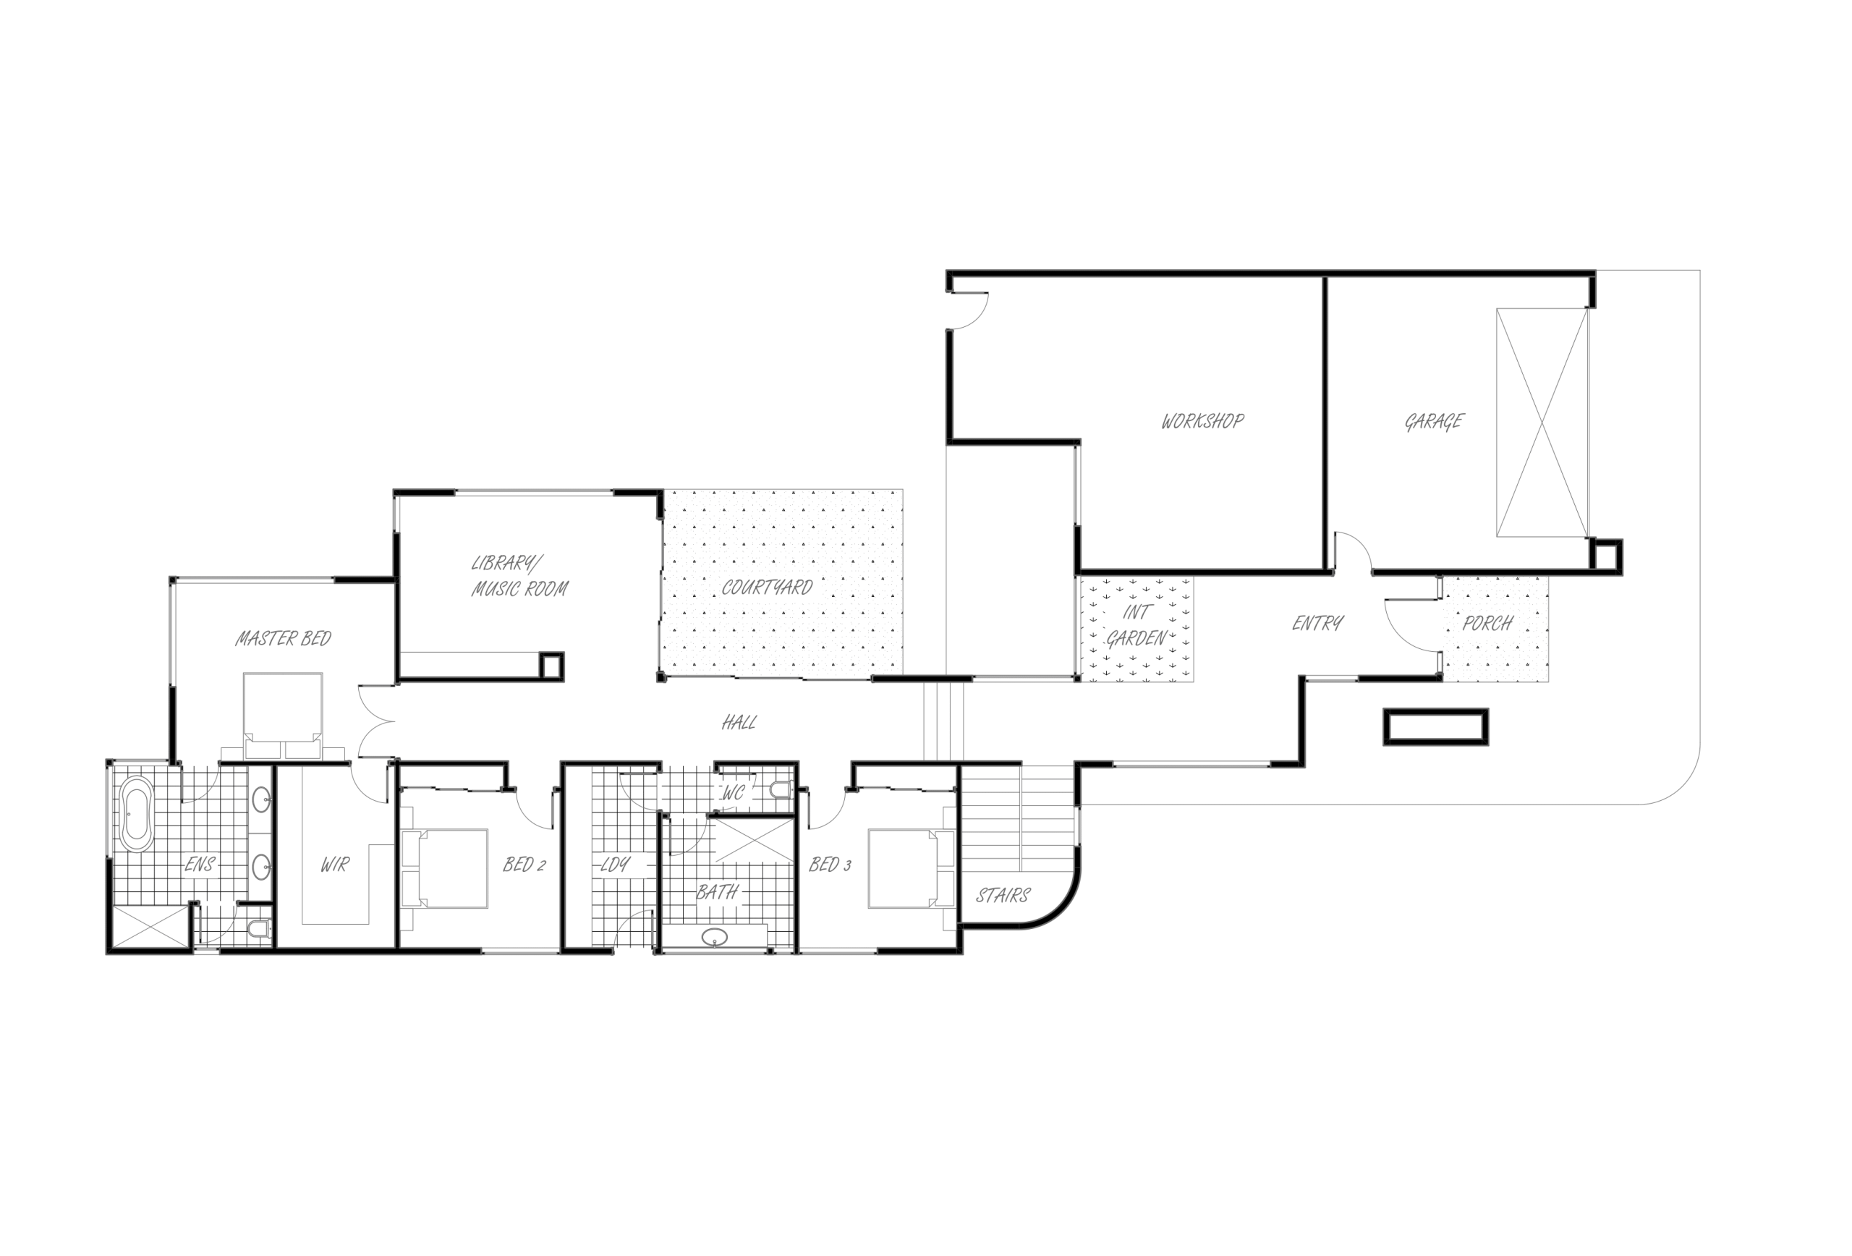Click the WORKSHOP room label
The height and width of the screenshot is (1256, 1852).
pos(1202,421)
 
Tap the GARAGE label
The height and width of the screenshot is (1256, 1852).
pos(1434,422)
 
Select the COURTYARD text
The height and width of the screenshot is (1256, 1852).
pos(767,588)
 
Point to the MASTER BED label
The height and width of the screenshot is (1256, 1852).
pos(283,638)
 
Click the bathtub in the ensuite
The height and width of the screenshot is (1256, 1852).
pos(136,814)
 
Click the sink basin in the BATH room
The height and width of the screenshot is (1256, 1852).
pos(715,937)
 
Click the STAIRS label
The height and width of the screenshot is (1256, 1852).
pos(1003,896)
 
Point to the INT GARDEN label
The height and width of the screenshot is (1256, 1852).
pos(1137,626)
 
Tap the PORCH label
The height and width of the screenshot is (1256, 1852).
pos(1487,623)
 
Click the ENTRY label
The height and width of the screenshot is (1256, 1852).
pos(1317,623)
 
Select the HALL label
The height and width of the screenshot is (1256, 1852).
pos(739,723)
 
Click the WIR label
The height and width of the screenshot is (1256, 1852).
pos(335,865)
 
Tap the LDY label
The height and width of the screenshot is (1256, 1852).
pos(614,865)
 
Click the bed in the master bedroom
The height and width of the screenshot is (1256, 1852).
pos(283,715)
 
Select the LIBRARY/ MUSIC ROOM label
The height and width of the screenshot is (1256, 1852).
pos(519,576)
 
